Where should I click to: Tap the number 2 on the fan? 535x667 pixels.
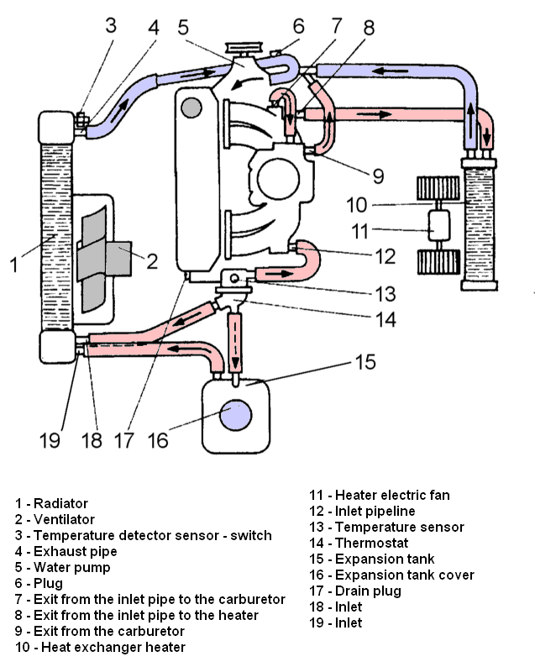click(x=152, y=260)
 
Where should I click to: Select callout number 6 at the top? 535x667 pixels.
click(x=298, y=27)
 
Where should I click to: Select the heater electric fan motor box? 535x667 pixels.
click(x=440, y=227)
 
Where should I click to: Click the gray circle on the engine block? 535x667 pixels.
click(x=191, y=108)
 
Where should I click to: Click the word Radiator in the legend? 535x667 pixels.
click(x=60, y=503)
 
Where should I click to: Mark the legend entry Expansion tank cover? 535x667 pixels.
click(x=404, y=575)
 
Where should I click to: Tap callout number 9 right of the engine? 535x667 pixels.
click(x=379, y=176)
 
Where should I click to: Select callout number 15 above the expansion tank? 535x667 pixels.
click(x=365, y=363)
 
